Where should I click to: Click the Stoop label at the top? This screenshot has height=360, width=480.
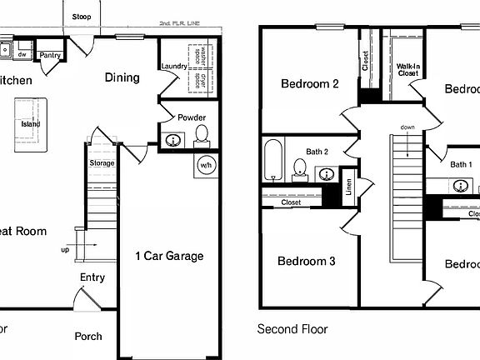tap(82, 17)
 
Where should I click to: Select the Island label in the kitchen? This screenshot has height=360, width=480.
tap(31, 124)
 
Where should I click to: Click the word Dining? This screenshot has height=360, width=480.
tap(122, 77)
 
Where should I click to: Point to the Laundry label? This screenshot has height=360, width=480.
tap(174, 66)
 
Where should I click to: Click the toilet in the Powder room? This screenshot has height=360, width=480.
tap(201, 135)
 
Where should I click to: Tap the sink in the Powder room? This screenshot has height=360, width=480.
tap(173, 140)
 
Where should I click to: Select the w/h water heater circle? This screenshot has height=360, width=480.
tap(206, 165)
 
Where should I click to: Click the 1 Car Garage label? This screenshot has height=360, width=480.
tap(169, 256)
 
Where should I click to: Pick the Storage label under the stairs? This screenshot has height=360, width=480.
tap(102, 163)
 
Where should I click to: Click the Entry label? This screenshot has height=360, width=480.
tap(92, 277)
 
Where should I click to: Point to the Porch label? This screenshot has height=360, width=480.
tap(88, 336)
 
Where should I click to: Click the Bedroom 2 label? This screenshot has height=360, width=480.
tap(309, 83)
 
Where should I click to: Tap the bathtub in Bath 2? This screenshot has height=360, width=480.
tap(273, 161)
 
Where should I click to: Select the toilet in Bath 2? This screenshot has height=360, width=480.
tap(301, 171)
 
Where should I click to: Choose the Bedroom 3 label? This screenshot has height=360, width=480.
tap(306, 262)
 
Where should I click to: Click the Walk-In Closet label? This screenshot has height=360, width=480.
tap(407, 69)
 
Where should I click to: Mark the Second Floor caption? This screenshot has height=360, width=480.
tap(292, 329)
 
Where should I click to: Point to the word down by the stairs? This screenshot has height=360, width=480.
tap(407, 127)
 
